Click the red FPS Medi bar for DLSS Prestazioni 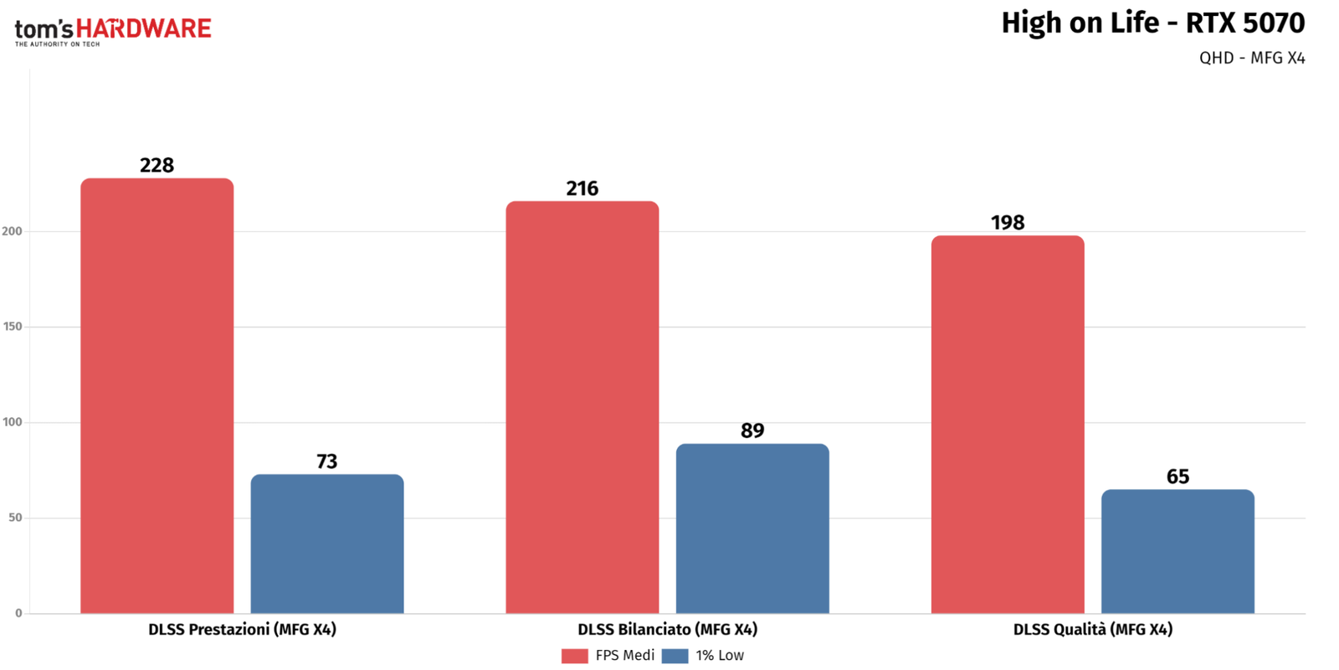pyautogui.click(x=157, y=395)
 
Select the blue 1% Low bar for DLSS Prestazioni pyautogui.click(x=327, y=544)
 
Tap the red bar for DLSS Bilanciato pyautogui.click(x=582, y=407)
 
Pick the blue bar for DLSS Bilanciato pyautogui.click(x=752, y=528)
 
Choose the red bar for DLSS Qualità pyautogui.click(x=1008, y=424)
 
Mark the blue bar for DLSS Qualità pyautogui.click(x=1177, y=551)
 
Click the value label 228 pyautogui.click(x=157, y=165)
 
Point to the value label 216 pyautogui.click(x=582, y=188)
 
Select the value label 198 pyautogui.click(x=1008, y=223)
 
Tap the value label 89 pyautogui.click(x=752, y=430)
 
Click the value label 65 pyautogui.click(x=1177, y=477)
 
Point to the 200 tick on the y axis pyautogui.click(x=12, y=231)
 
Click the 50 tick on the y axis pyautogui.click(x=16, y=518)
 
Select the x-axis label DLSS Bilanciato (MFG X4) pyautogui.click(x=668, y=629)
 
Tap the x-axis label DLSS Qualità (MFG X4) pyautogui.click(x=1093, y=629)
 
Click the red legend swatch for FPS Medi pyautogui.click(x=574, y=656)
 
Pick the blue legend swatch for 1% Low pyautogui.click(x=675, y=656)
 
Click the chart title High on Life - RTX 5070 pyautogui.click(x=1153, y=23)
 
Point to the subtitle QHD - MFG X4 pyautogui.click(x=1252, y=58)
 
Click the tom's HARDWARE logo pyautogui.click(x=113, y=32)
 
